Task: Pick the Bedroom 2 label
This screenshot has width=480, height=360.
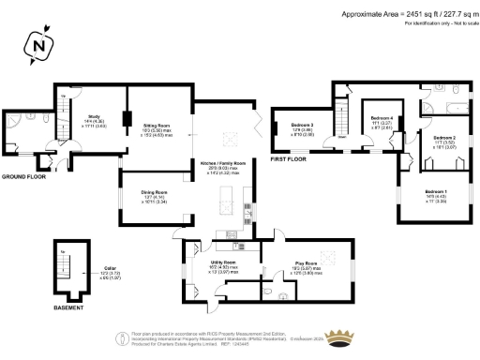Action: pos(432,138)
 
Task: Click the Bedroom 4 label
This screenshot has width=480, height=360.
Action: pos(381,118)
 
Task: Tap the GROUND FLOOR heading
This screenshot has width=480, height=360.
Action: pos(23,176)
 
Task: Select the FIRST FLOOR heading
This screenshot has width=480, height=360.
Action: pos(290,160)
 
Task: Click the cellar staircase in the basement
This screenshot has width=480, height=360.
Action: pos(64,266)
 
